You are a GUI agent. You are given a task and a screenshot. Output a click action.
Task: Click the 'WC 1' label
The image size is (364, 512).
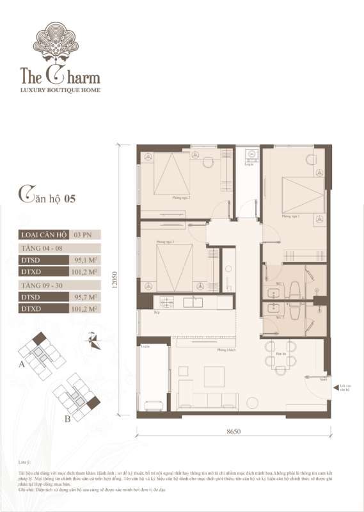(x=280, y=284)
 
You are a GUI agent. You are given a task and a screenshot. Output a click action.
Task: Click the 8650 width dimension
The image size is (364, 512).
(x=233, y=432)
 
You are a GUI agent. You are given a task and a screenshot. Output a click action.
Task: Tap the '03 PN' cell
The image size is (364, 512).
(x=83, y=235)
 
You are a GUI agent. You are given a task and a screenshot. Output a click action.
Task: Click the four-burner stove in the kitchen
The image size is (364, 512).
(x=168, y=301)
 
